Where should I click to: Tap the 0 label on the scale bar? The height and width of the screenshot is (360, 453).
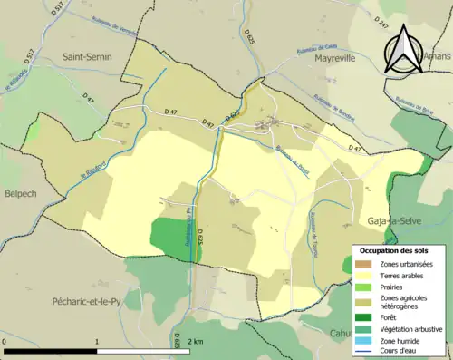coord(6,342)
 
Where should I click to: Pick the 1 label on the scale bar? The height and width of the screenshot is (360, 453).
coord(97,342)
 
